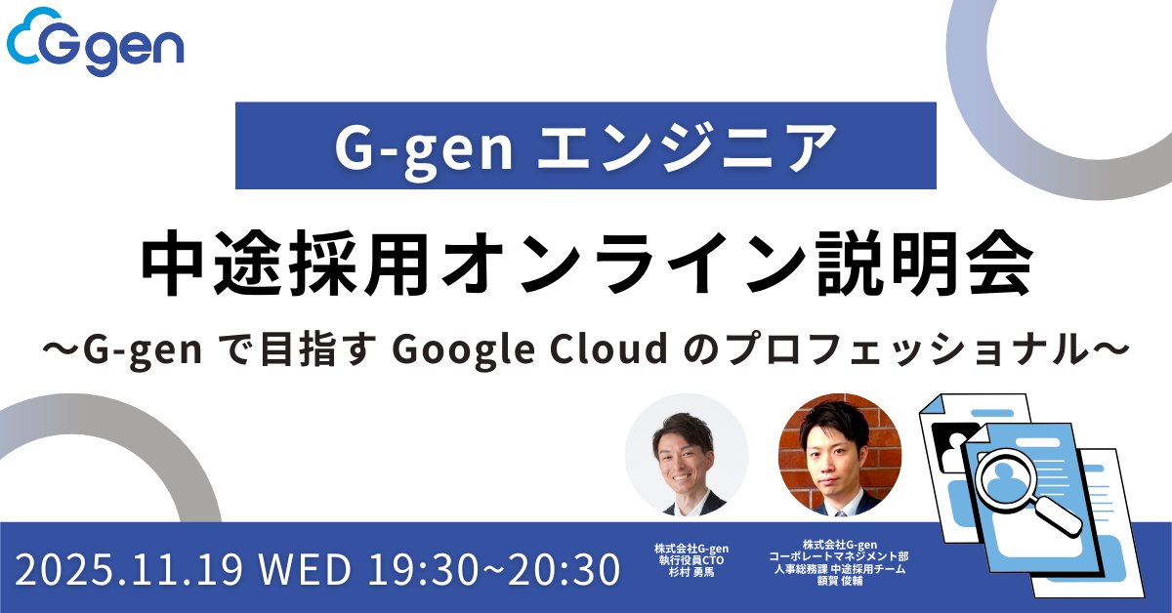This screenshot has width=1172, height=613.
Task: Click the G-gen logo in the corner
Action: [95, 45]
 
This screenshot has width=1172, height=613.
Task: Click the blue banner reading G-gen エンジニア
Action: [586, 145]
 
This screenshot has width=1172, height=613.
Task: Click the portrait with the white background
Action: [687, 455]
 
